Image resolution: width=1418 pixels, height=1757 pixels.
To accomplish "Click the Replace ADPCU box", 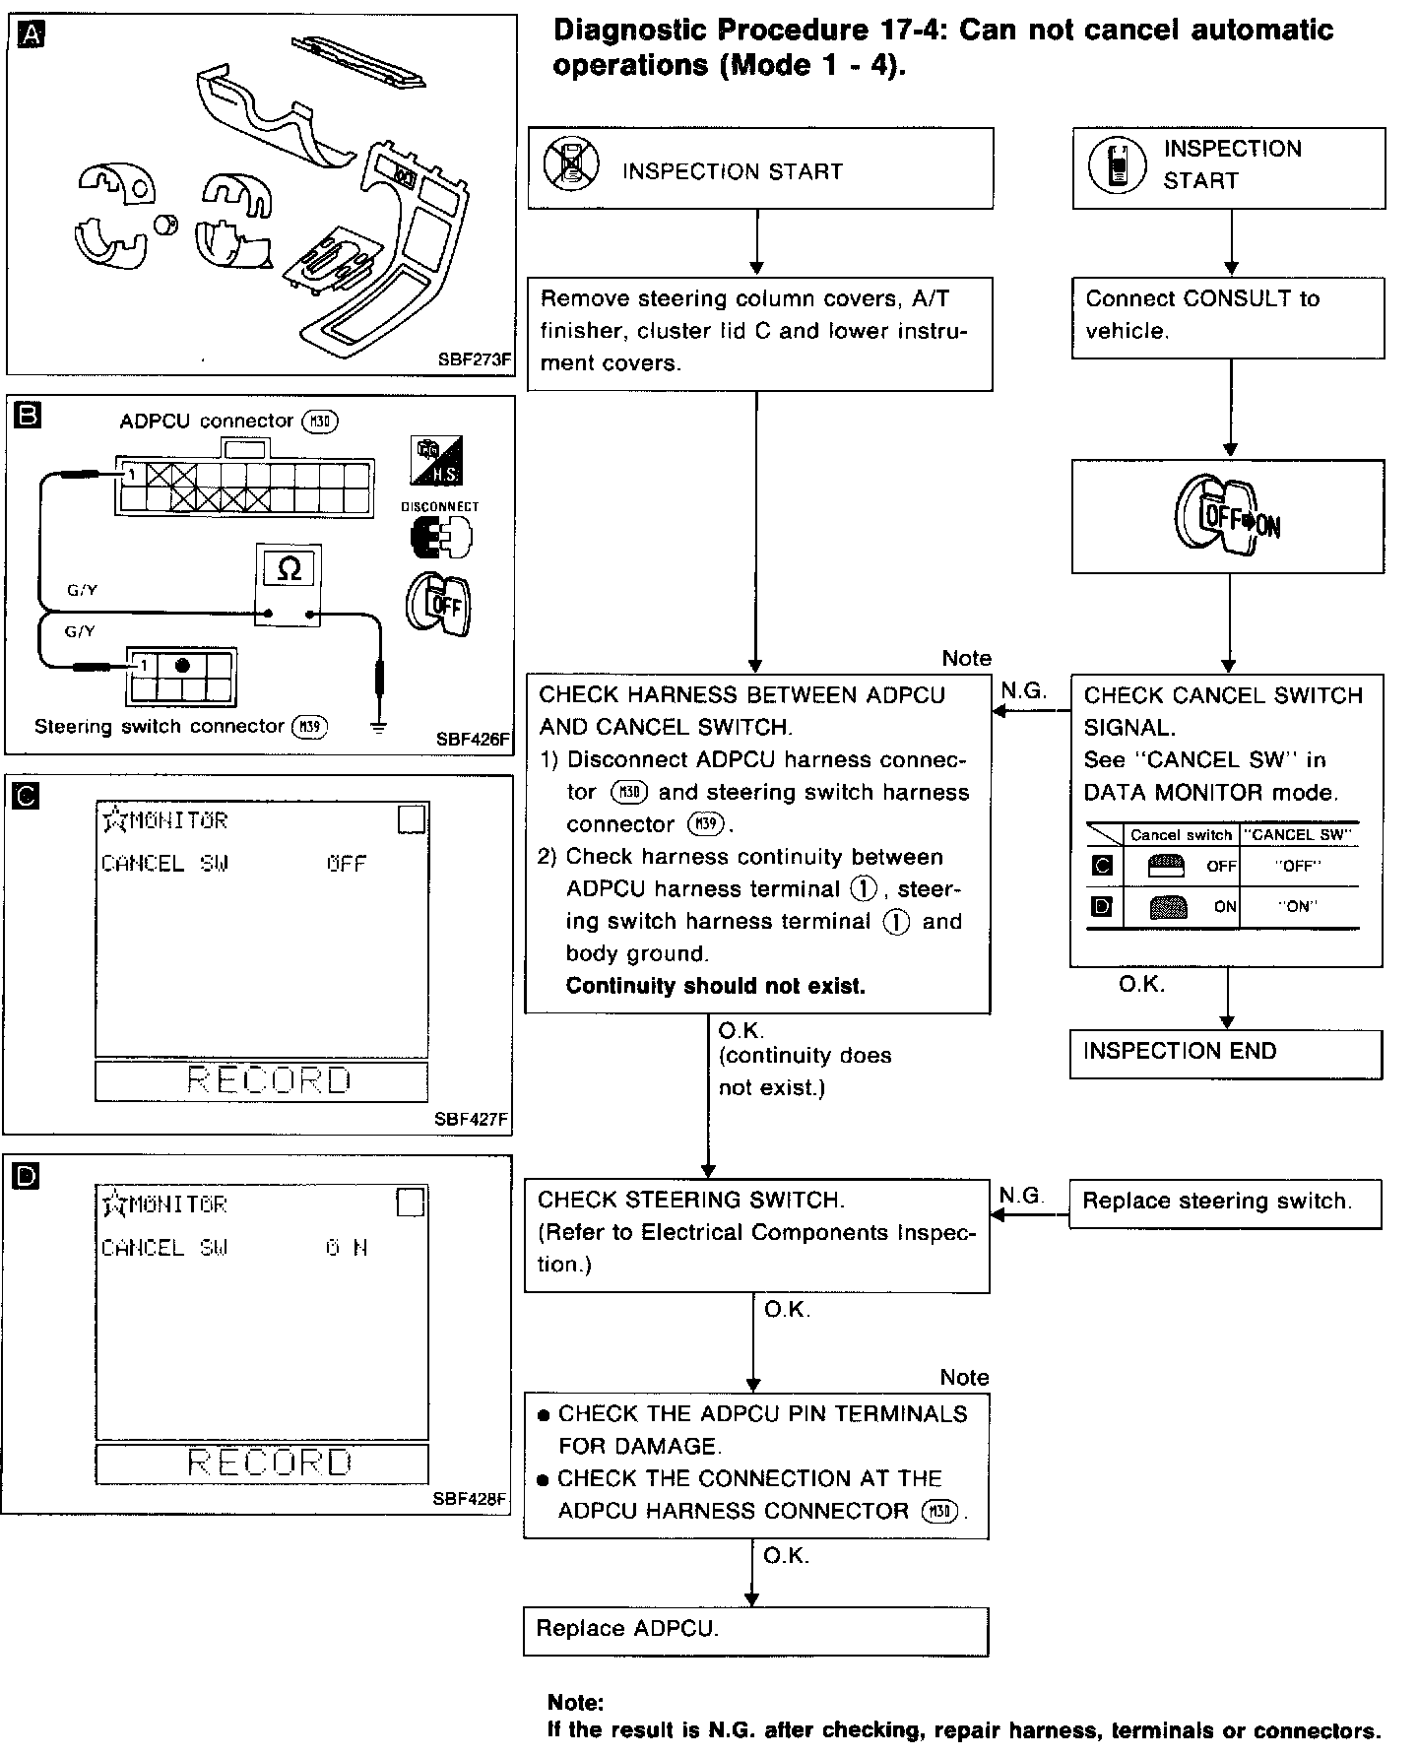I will tap(755, 1631).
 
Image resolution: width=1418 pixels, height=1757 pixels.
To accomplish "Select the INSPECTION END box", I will tap(1226, 1054).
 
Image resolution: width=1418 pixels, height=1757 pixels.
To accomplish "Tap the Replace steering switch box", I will tap(1225, 1203).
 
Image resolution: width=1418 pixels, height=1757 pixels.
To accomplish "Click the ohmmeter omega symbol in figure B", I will tap(289, 569).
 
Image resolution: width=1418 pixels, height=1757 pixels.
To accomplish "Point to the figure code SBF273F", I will tap(475, 359).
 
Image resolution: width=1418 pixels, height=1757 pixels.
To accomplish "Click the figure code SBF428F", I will tap(470, 1500).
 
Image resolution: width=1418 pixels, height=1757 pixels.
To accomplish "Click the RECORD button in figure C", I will tap(262, 1081).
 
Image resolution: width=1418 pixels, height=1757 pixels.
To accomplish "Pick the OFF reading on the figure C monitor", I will tap(347, 864).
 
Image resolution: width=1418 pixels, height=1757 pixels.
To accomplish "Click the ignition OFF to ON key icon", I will tap(1227, 516).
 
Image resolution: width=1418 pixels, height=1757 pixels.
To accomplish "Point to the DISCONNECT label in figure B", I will tap(440, 506).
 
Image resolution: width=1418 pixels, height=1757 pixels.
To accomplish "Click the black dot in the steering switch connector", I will tap(182, 666).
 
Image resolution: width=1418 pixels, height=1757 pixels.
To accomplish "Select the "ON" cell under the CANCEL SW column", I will tap(1298, 907).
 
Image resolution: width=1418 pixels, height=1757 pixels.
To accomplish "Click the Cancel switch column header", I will tap(1181, 835).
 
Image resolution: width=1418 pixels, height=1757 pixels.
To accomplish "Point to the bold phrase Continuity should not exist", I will tap(716, 986).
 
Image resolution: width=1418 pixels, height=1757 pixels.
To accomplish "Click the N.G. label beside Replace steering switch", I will tap(1020, 1196).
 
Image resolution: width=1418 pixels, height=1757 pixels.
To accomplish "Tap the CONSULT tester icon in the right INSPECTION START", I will tap(1118, 164).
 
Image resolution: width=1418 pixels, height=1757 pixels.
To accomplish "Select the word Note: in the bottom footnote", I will tap(576, 1703).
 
